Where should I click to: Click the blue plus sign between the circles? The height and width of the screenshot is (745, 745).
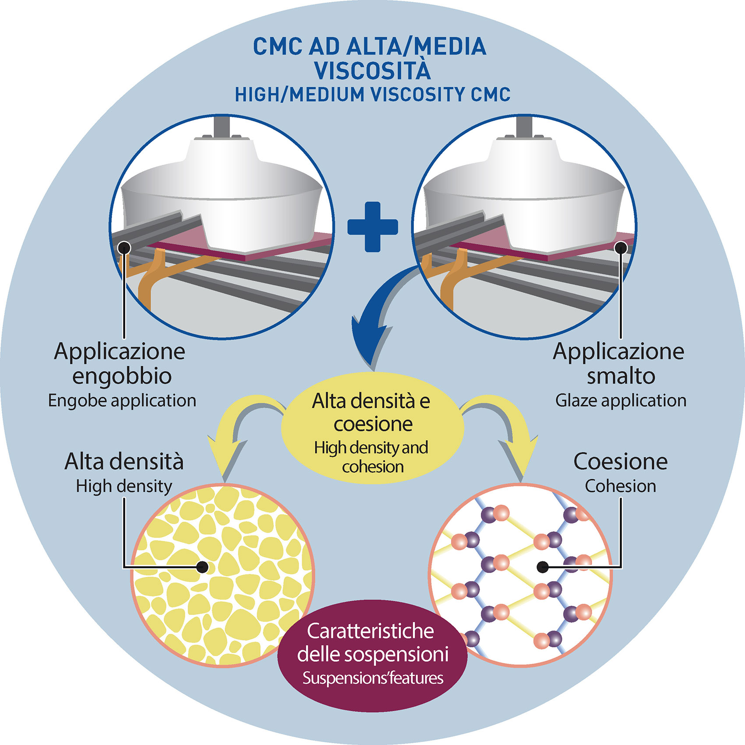(372, 227)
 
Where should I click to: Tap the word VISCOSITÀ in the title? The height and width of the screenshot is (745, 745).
(372, 71)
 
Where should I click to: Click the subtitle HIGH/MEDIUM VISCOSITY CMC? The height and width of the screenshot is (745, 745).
(372, 95)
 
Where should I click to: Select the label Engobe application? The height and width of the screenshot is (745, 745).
(122, 401)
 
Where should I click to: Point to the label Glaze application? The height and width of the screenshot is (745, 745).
(621, 401)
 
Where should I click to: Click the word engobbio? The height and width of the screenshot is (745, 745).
(122, 376)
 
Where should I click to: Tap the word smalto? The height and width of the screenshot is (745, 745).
(621, 376)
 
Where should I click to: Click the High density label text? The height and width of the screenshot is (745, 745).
(124, 486)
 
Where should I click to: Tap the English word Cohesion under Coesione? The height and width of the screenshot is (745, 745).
(620, 486)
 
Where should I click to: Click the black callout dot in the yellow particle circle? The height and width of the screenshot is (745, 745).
(202, 567)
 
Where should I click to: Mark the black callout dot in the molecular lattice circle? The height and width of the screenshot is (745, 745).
(542, 567)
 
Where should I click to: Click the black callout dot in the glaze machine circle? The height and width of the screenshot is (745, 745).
(621, 248)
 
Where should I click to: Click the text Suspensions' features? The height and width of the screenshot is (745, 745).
(372, 678)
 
